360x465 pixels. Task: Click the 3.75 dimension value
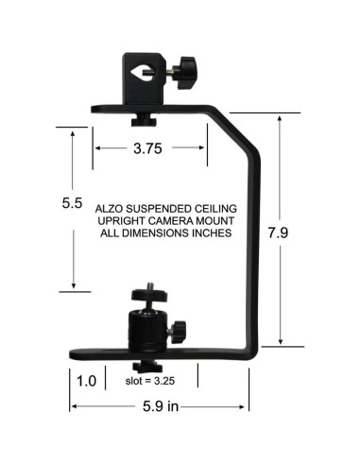[x=149, y=148]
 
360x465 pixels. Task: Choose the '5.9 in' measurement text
[x=160, y=407]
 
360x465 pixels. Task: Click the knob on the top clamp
[x=188, y=71]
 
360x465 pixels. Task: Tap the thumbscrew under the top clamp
[x=145, y=119]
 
